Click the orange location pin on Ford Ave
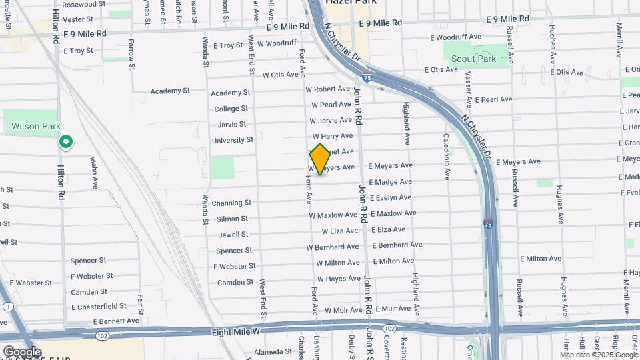pos(320,159)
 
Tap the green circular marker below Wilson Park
pos(66,141)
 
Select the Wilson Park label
pos(35,126)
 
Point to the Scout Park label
pos(473,59)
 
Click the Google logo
pos(21,351)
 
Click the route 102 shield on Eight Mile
pos(390,329)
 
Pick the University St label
pos(232,140)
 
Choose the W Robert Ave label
pos(327,89)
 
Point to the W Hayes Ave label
pos(339,279)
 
